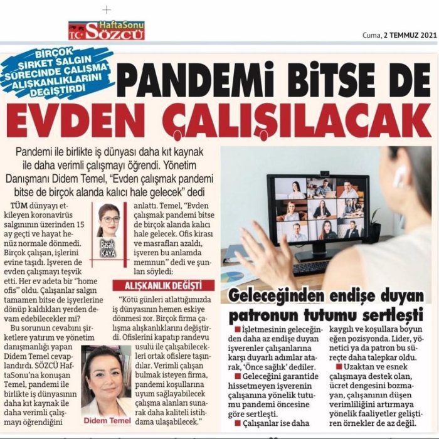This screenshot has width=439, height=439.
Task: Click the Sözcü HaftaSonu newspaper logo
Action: click(106, 29)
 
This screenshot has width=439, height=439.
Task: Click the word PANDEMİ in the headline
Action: click(194, 80)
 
